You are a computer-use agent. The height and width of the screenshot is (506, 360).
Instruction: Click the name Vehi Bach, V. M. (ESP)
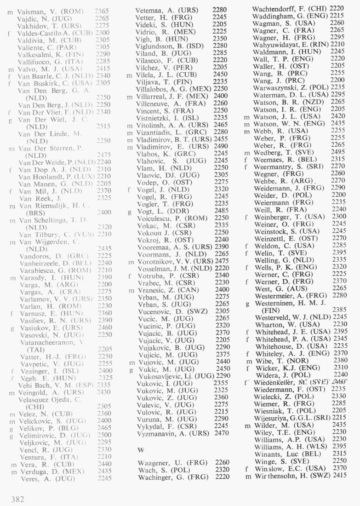57,385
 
